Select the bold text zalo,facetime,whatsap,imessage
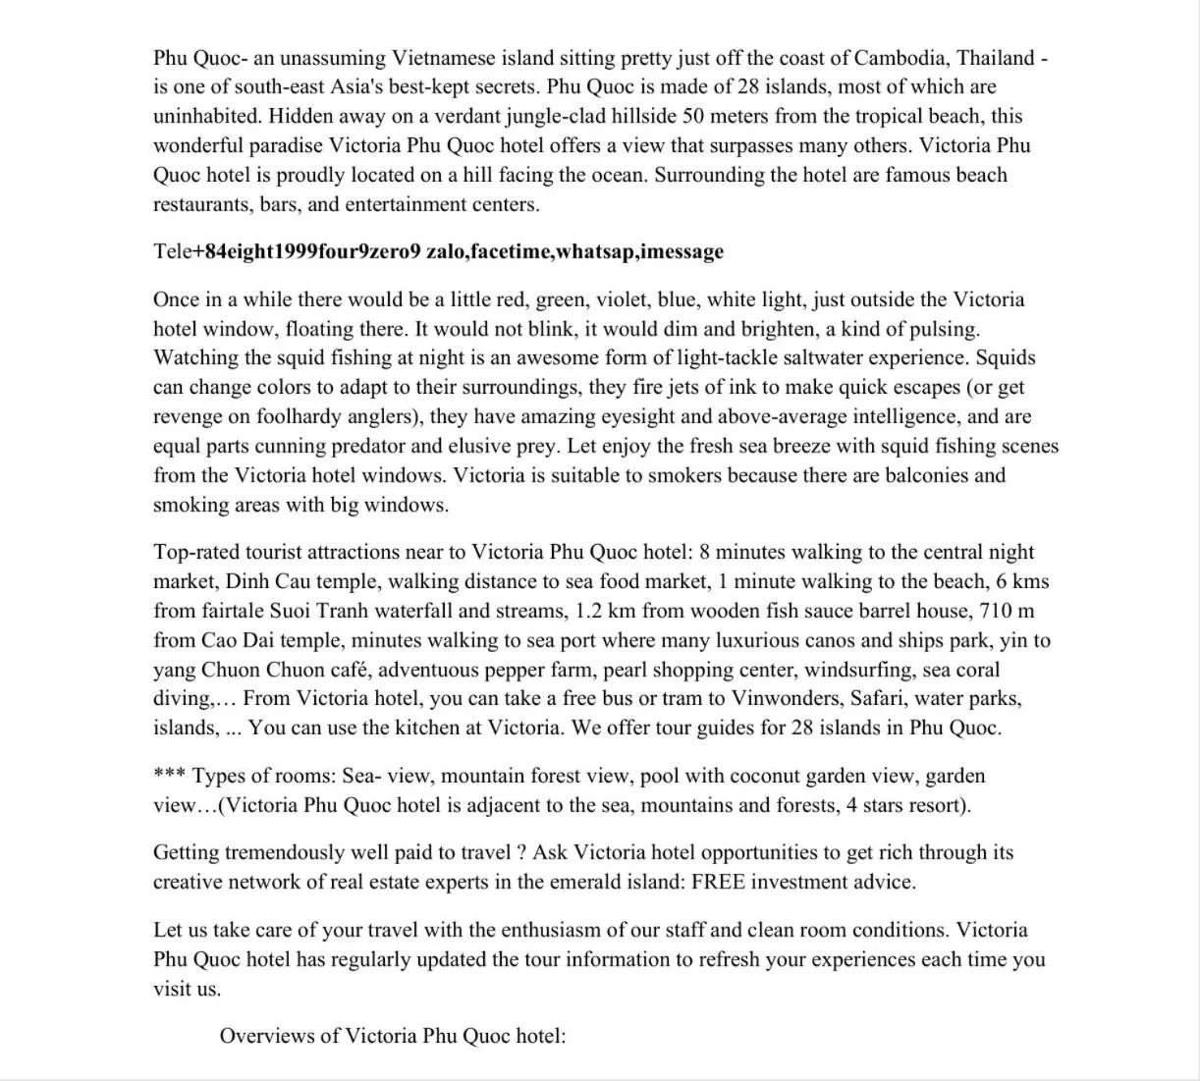(x=574, y=251)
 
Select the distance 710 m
(x=1007, y=611)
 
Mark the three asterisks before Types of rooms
(x=168, y=775)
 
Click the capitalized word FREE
(x=721, y=882)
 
